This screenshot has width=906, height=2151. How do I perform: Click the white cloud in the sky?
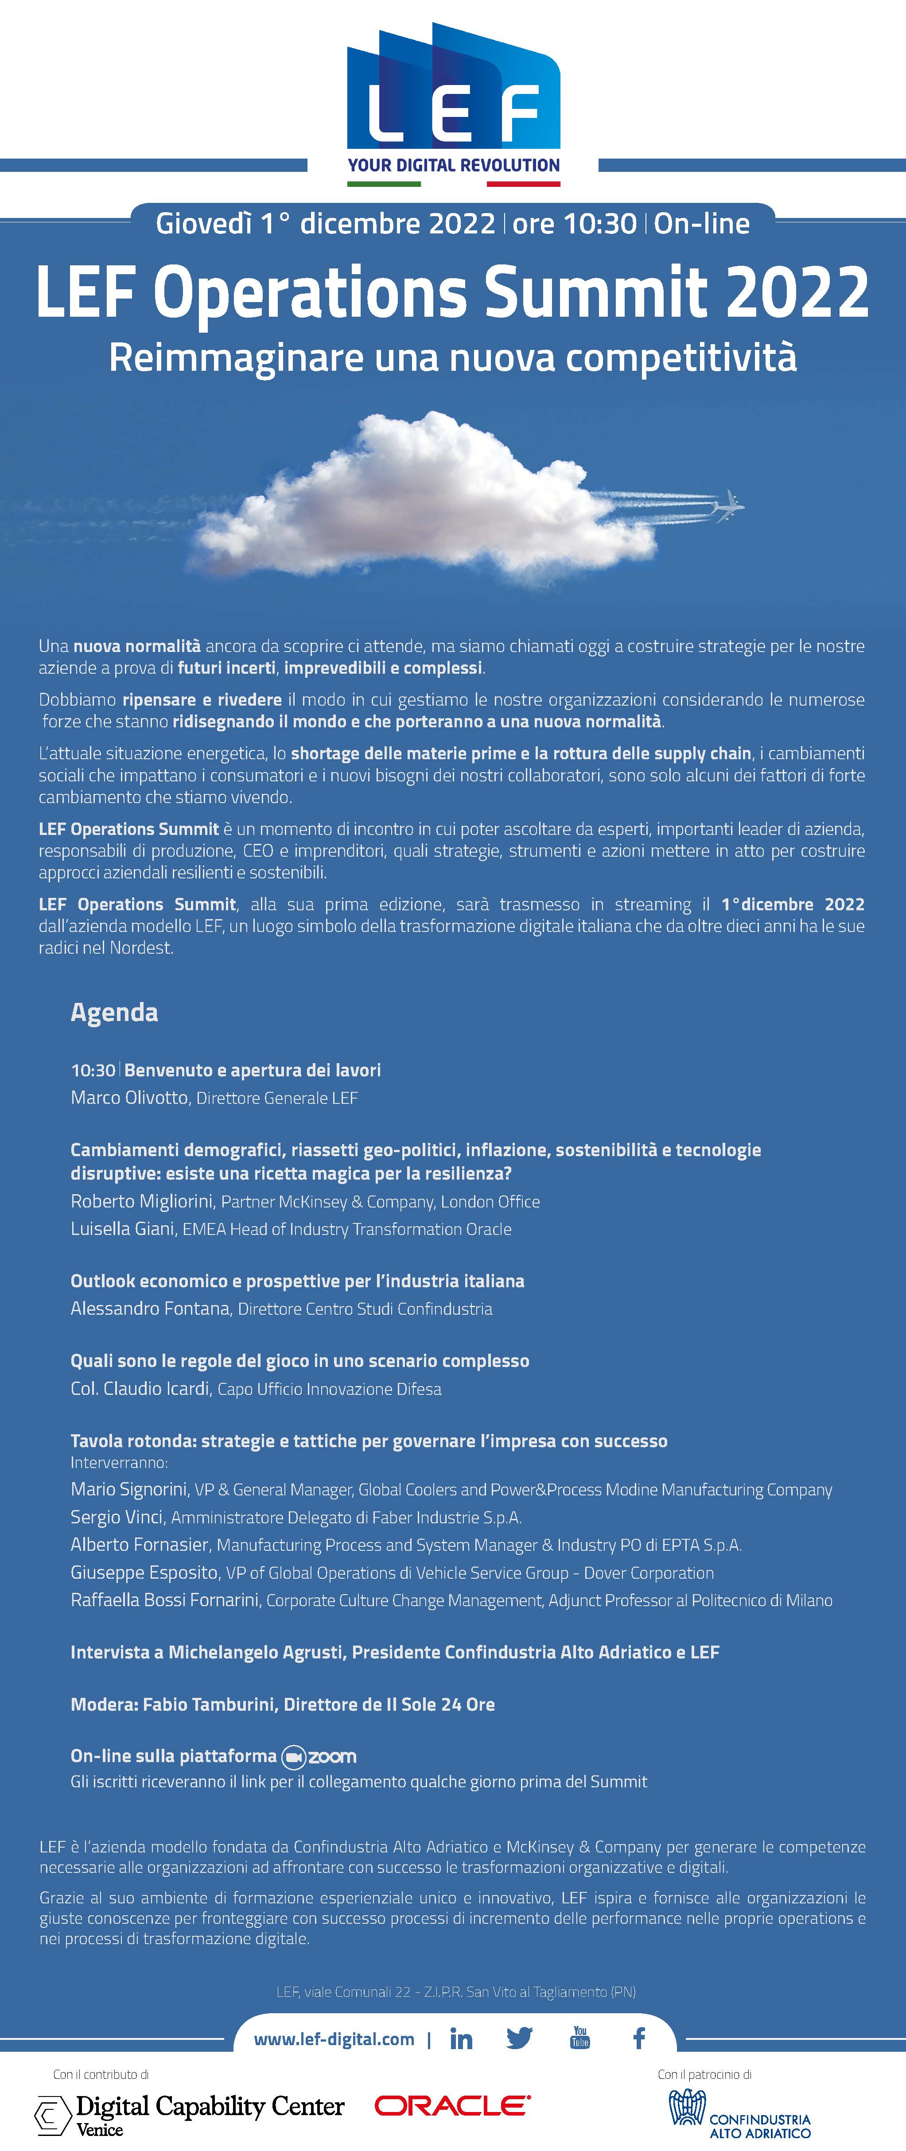(x=426, y=497)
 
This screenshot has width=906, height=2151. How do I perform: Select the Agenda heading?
(x=114, y=1012)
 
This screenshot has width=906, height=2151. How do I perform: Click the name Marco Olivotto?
(x=129, y=1097)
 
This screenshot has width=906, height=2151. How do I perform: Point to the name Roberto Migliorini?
(x=142, y=1201)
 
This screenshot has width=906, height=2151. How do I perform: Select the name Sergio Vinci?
(x=117, y=1516)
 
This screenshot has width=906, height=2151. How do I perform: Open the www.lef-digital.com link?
(x=334, y=2039)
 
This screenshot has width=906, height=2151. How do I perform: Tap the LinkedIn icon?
(x=461, y=2039)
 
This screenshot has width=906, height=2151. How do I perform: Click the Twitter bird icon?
(x=519, y=2038)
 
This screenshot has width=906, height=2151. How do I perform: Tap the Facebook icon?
(x=639, y=2038)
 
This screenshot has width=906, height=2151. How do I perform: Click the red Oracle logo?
(x=452, y=2106)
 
